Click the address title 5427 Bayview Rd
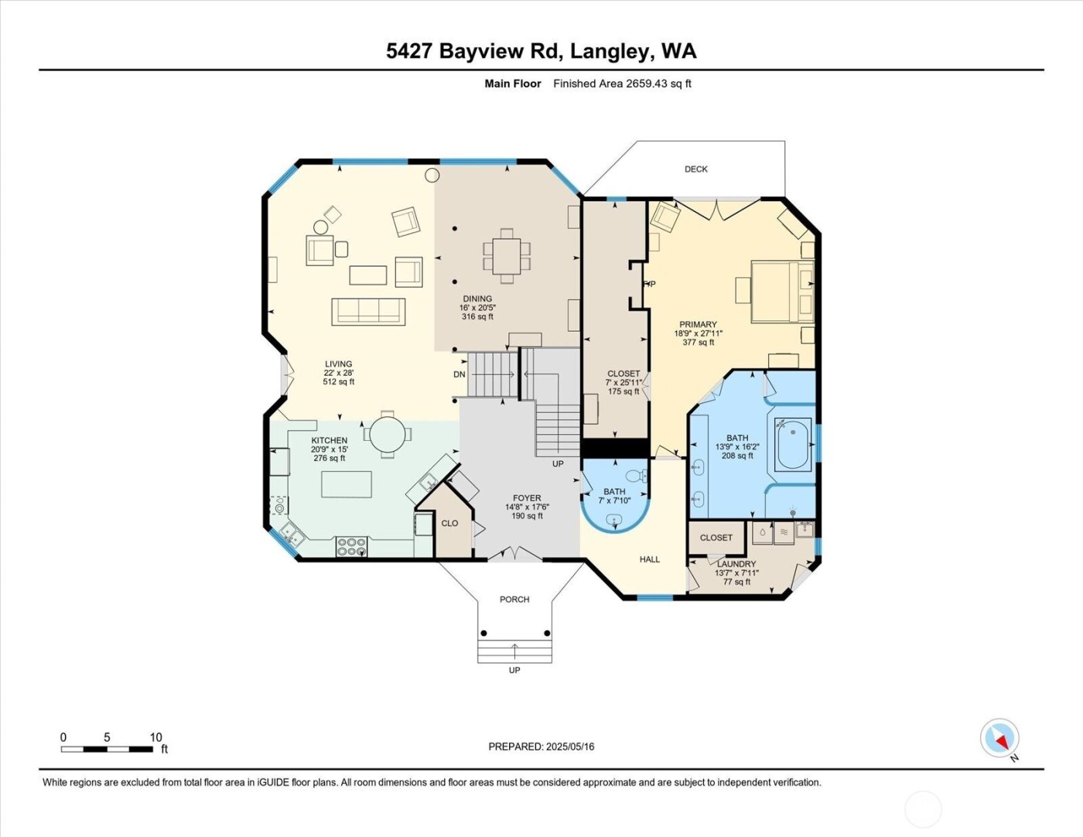pyautogui.click(x=541, y=51)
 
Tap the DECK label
pyautogui.click(x=695, y=169)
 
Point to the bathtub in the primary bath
pyautogui.click(x=793, y=444)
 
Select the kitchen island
pyautogui.click(x=346, y=484)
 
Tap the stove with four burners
pyautogui.click(x=351, y=547)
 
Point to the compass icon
pyautogui.click(x=999, y=738)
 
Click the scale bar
pyautogui.click(x=107, y=749)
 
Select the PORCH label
pyautogui.click(x=514, y=600)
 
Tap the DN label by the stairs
pyautogui.click(x=460, y=374)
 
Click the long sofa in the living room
pyautogui.click(x=368, y=311)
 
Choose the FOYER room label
pyautogui.click(x=527, y=498)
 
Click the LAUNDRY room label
pyautogui.click(x=736, y=564)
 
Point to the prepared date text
pyautogui.click(x=541, y=746)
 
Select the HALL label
pyautogui.click(x=649, y=559)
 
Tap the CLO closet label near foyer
pyautogui.click(x=449, y=523)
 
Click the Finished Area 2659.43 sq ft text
pyautogui.click(x=622, y=84)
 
